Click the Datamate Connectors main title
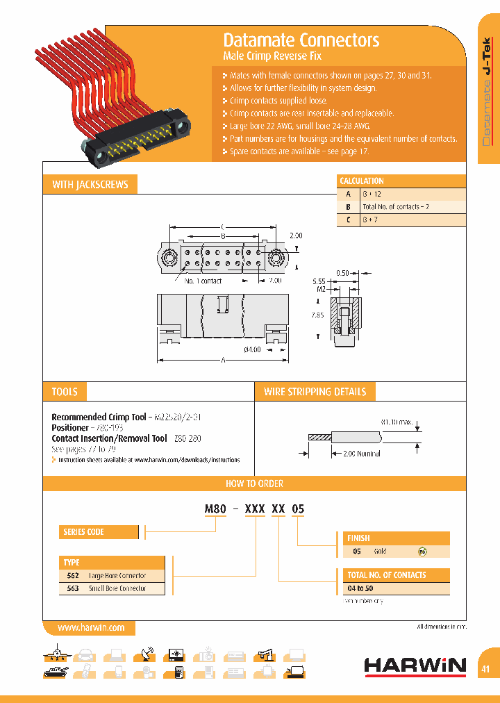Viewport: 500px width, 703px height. click(x=301, y=40)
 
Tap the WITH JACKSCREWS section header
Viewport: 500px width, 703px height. click(x=90, y=185)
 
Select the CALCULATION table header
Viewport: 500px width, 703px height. click(x=362, y=181)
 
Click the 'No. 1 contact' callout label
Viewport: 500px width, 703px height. click(x=203, y=281)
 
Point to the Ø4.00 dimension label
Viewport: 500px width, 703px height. click(x=252, y=349)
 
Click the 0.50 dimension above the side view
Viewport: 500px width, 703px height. click(x=342, y=272)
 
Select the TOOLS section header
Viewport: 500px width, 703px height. click(x=65, y=392)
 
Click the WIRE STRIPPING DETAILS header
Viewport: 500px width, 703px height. click(x=315, y=392)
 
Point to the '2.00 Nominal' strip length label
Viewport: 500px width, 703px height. click(x=362, y=454)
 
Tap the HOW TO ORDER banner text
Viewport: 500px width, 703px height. click(x=254, y=483)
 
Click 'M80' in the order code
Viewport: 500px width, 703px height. click(x=215, y=509)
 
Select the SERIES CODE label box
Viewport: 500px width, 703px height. click(x=84, y=532)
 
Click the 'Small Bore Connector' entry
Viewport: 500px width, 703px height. click(x=117, y=588)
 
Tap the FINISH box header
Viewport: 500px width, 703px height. click(x=358, y=538)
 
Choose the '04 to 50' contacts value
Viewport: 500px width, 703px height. click(x=360, y=588)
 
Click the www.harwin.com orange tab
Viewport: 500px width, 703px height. click(x=91, y=627)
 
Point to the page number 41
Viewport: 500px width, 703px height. click(x=485, y=669)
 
